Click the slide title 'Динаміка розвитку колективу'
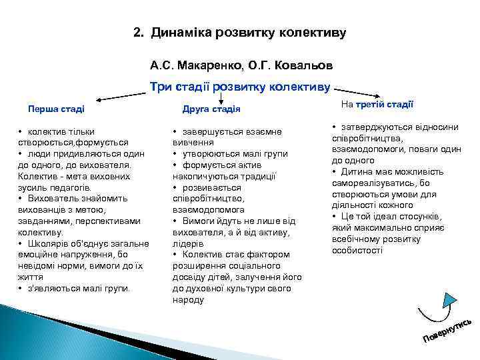coord(249,32)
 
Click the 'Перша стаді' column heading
coord(55,109)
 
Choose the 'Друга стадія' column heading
coord(211,109)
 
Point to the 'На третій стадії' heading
coord(377,104)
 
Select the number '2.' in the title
coord(139,32)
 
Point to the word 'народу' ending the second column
coord(188,300)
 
